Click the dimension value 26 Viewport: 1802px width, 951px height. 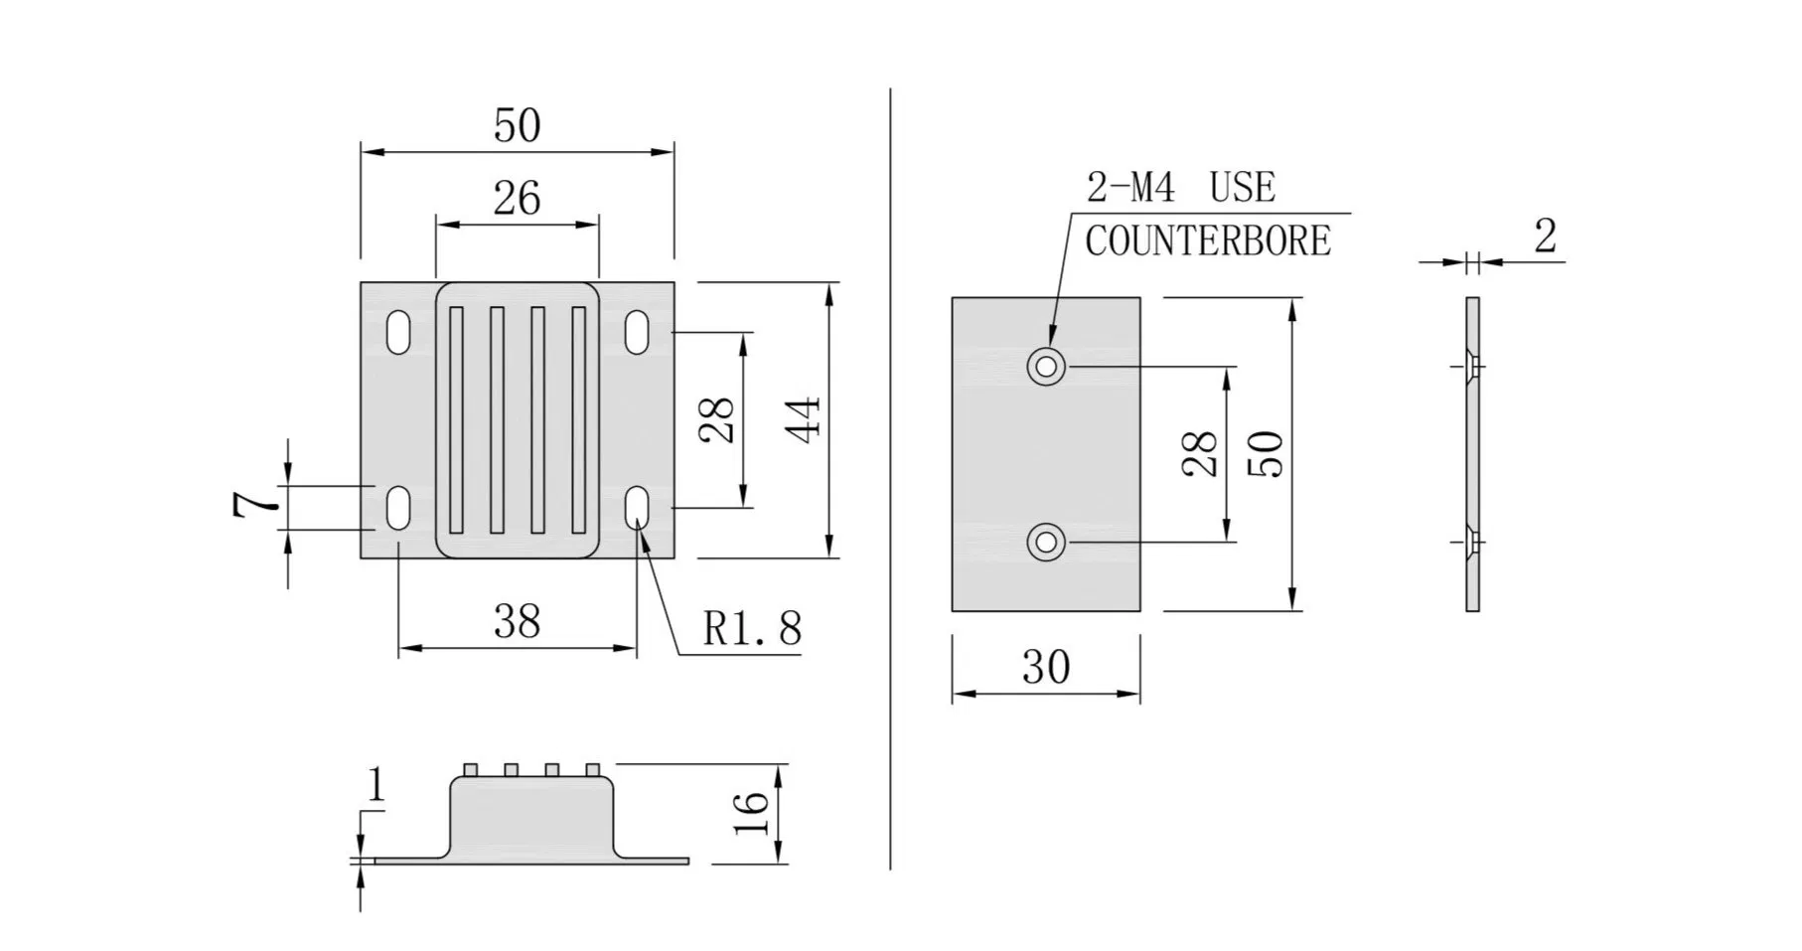point(517,199)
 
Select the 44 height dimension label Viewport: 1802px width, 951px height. point(804,419)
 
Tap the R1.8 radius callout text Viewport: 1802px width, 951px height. point(752,628)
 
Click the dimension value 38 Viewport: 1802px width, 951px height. point(517,622)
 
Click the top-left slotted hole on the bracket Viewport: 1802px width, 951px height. point(398,333)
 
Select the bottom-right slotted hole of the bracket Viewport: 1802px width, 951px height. point(637,508)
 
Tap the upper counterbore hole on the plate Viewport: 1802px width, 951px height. point(1045,367)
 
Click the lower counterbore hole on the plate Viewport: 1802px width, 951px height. point(1045,543)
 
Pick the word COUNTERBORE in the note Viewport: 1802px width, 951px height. point(1207,241)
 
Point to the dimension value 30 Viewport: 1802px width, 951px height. point(1046,668)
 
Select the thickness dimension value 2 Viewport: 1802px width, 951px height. point(1545,237)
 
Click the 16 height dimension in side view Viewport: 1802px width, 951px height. point(754,814)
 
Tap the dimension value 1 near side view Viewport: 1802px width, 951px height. point(375,785)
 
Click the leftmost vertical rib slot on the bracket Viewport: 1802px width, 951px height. point(456,419)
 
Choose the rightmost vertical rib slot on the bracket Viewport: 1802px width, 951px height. point(578,419)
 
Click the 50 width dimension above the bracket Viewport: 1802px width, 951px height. point(517,126)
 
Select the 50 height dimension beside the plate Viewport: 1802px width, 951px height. point(1267,454)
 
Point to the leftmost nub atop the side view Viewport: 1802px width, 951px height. point(471,769)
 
